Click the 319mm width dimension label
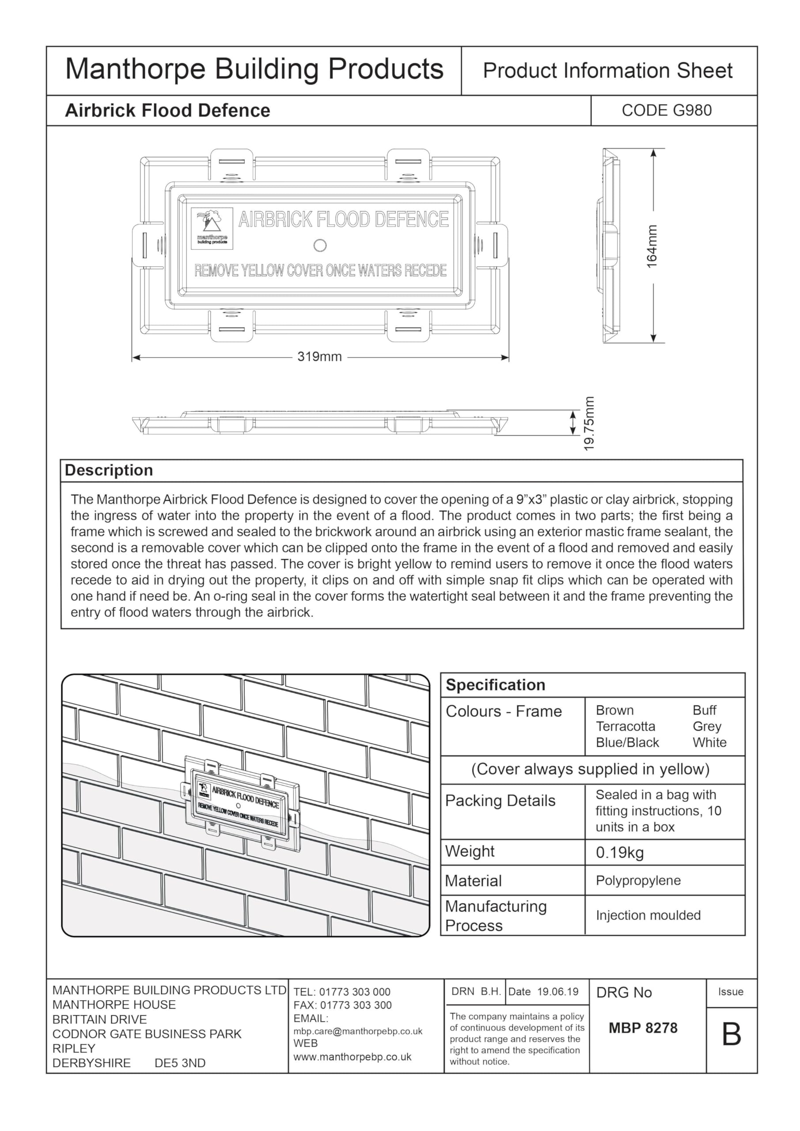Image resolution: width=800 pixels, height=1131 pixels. click(x=319, y=357)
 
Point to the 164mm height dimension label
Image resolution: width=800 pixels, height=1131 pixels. click(x=652, y=246)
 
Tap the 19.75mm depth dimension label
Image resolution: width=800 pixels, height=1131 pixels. click(x=589, y=423)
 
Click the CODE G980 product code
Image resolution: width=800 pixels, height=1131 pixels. click(x=667, y=110)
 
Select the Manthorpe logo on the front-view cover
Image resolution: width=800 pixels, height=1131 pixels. click(x=212, y=228)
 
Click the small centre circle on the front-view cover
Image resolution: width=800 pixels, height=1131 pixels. click(x=320, y=245)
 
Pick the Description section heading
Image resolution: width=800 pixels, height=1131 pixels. click(x=109, y=471)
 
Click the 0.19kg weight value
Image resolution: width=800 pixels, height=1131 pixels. click(x=620, y=853)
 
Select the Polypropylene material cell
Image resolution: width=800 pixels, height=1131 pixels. click(x=638, y=881)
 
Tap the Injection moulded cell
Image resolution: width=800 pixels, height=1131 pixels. click(x=648, y=915)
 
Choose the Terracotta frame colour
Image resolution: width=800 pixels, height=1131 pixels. click(x=626, y=727)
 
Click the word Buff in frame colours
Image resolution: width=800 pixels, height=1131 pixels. click(x=705, y=710)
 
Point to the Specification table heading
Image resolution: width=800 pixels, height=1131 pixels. click(x=495, y=685)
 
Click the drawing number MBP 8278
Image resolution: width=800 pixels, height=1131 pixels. click(x=643, y=1028)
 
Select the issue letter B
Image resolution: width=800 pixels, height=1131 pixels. click(x=732, y=1034)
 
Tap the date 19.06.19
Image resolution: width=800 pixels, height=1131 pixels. click(x=557, y=991)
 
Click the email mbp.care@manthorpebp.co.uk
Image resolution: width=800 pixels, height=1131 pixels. click(x=358, y=1032)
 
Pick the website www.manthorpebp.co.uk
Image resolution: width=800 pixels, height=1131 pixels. click(x=352, y=1057)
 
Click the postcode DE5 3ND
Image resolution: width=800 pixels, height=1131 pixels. click(x=180, y=1063)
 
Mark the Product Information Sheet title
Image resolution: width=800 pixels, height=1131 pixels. click(x=607, y=71)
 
